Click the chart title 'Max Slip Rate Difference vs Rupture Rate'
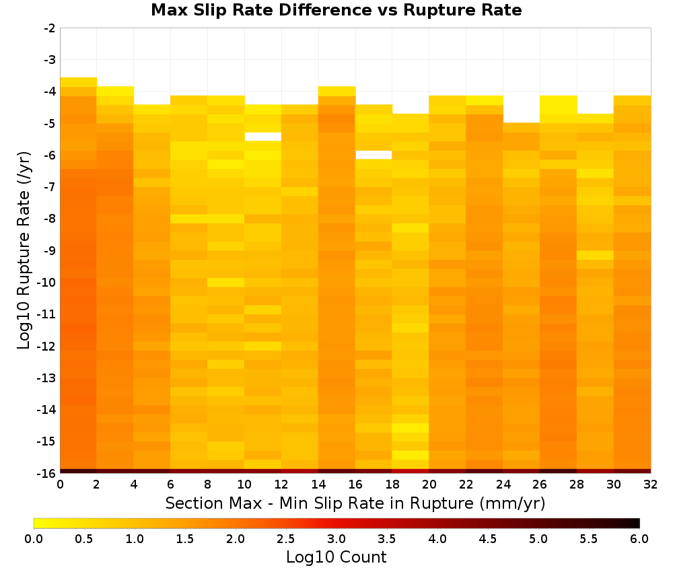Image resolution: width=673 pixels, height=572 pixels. [x=336, y=10]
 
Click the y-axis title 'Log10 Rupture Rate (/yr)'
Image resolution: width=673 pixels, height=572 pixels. [x=24, y=250]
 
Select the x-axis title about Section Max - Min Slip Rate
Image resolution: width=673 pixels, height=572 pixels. [x=355, y=503]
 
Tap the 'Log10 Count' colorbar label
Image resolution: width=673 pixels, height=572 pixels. [x=336, y=557]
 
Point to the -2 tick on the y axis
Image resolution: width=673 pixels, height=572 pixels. [x=50, y=28]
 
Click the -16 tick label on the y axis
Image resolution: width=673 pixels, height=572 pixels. [x=47, y=473]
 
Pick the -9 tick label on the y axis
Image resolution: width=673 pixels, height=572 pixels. [x=50, y=250]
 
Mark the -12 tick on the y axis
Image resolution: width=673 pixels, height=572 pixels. [x=47, y=346]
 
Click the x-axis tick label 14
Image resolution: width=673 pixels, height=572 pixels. [x=318, y=485]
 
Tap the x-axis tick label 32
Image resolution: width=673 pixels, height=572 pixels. [x=651, y=485]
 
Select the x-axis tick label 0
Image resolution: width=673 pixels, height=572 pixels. [x=60, y=485]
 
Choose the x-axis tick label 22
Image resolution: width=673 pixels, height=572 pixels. [x=466, y=485]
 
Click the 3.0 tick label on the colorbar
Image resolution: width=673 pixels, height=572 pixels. [x=336, y=539]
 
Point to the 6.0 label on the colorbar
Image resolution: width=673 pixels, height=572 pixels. [x=639, y=539]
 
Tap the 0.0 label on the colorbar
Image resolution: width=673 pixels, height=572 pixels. [x=34, y=539]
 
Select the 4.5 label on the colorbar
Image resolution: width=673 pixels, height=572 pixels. [x=488, y=539]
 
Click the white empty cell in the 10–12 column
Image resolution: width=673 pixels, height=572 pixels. [x=262, y=137]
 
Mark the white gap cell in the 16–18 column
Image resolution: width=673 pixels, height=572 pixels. [x=374, y=155]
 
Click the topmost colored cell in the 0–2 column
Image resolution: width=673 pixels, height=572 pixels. [x=79, y=82]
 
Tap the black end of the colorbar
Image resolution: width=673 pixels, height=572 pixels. [x=635, y=523]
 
